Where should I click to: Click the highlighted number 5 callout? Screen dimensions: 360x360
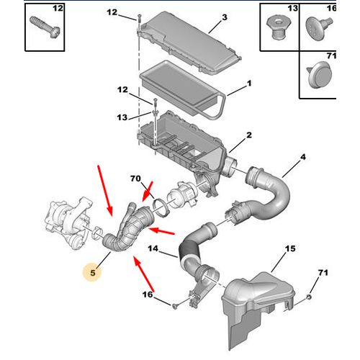(x=92, y=273)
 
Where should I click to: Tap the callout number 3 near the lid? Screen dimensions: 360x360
(x=225, y=17)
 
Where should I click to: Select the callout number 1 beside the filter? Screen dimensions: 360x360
(x=249, y=84)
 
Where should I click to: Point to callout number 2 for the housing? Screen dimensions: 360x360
(x=249, y=135)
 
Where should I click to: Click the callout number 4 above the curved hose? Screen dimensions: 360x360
(x=303, y=157)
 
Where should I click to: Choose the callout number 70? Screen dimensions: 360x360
(x=135, y=179)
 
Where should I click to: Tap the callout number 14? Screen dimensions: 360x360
(x=153, y=248)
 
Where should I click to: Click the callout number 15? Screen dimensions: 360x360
(x=290, y=248)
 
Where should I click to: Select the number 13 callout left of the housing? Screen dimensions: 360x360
(x=122, y=117)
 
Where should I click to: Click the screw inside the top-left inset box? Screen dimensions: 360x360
(x=45, y=27)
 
